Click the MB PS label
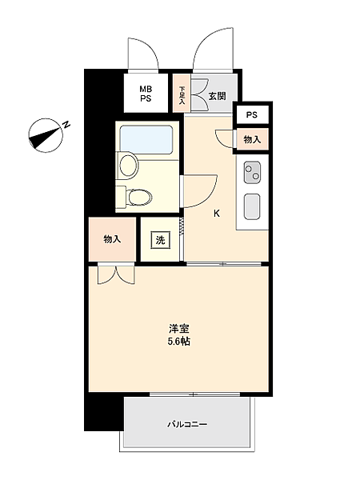point(146,94)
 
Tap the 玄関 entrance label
point(217,96)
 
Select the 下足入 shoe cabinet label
point(182,96)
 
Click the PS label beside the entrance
point(252,114)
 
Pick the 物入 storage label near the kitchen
point(252,139)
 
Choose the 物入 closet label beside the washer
point(112,240)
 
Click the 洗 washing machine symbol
point(160,240)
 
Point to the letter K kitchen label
point(216,214)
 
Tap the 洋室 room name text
point(179,328)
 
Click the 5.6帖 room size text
point(179,342)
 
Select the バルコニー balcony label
point(187,424)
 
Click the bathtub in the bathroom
point(146,141)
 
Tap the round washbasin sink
point(128,166)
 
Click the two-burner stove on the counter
point(253,170)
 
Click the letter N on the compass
point(67,124)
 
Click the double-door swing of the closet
point(113,274)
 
